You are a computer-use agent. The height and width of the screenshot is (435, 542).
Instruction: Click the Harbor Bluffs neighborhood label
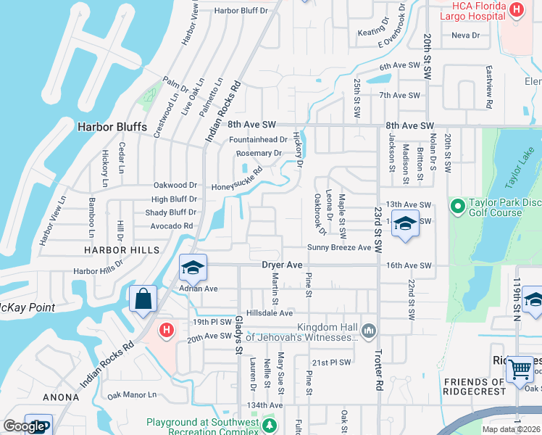112,127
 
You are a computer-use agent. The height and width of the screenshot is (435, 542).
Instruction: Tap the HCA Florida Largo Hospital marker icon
516,9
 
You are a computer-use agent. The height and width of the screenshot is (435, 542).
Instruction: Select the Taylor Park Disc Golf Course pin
457,207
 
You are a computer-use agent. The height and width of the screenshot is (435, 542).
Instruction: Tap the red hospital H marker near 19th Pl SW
167,331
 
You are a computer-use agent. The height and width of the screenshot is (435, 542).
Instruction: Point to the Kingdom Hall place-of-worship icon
369,331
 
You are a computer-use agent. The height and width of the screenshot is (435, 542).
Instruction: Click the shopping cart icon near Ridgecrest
520,368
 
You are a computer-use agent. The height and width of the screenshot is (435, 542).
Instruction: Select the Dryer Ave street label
282,265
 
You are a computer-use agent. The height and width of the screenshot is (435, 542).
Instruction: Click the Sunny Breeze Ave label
338,248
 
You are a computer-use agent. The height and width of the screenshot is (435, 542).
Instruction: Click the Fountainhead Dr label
258,139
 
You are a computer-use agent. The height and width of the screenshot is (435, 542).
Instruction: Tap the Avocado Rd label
172,225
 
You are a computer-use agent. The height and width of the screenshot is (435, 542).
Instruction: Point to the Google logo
23,426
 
